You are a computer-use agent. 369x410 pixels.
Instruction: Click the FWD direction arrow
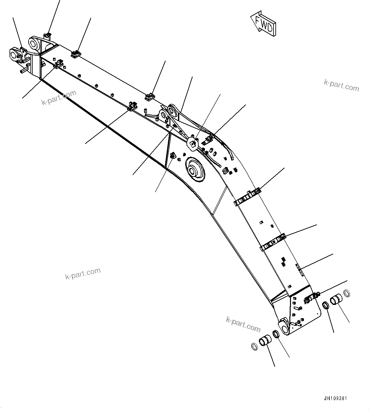click(x=263, y=24)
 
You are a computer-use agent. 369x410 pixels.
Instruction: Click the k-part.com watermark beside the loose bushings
click(x=243, y=324)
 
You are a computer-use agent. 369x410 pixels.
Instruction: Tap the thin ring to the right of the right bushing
click(x=347, y=292)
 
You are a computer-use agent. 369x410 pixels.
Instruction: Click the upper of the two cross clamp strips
click(x=247, y=197)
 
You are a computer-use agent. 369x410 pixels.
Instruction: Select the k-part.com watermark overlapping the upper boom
click(x=59, y=97)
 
